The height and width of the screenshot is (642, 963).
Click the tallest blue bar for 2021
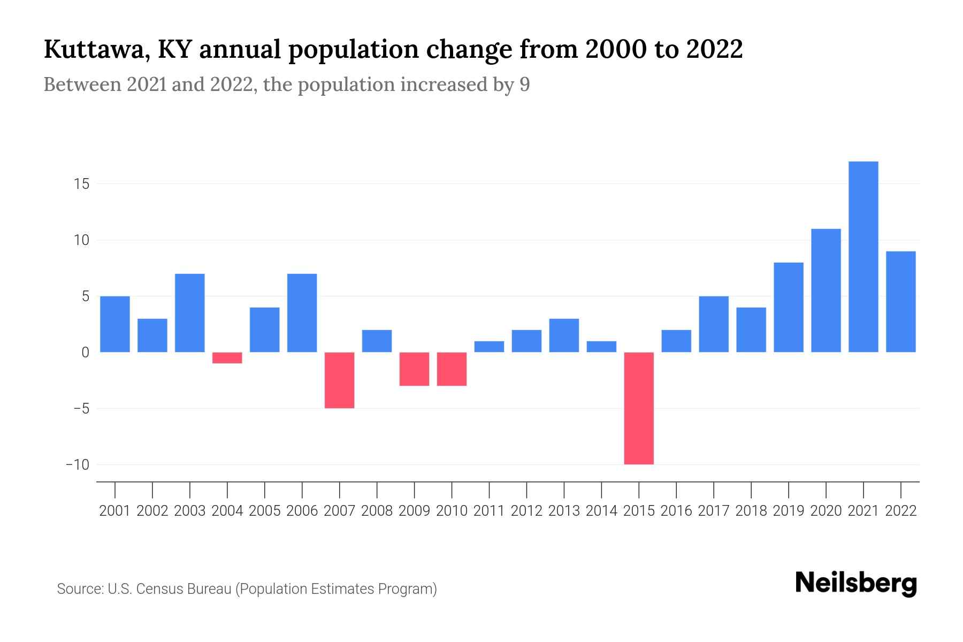(x=863, y=257)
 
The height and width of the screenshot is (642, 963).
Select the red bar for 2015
(x=639, y=408)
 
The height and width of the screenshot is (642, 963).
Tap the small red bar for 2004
(x=227, y=358)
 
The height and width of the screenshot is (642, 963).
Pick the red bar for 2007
(x=340, y=380)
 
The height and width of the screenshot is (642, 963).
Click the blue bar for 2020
(x=826, y=291)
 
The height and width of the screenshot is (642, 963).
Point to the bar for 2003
(x=190, y=313)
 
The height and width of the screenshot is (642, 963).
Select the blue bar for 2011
(x=489, y=347)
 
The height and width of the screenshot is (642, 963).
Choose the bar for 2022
(x=901, y=302)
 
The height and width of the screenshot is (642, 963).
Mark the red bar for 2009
(x=415, y=369)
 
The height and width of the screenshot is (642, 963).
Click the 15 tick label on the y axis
(x=82, y=184)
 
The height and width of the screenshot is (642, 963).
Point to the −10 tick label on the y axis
(x=78, y=464)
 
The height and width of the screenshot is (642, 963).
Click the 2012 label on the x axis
(x=526, y=511)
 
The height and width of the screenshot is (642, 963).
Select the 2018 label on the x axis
(x=751, y=511)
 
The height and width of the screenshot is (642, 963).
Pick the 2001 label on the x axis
(x=115, y=511)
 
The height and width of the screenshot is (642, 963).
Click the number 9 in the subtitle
(x=524, y=85)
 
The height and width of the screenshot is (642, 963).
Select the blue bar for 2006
(x=302, y=313)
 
